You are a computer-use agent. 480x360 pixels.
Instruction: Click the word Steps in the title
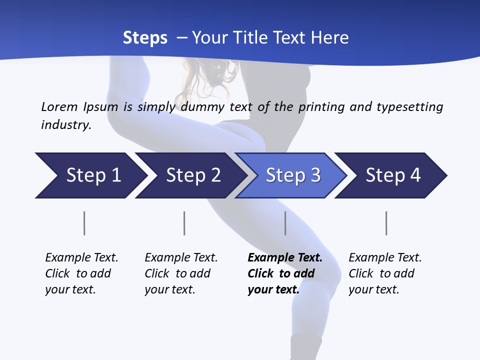tap(145, 38)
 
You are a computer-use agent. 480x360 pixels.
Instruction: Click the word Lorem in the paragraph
tap(59, 106)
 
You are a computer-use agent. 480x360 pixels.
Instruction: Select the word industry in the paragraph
tap(66, 124)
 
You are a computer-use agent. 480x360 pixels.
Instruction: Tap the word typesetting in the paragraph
tap(409, 106)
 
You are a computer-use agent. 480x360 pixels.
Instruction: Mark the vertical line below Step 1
tap(84, 223)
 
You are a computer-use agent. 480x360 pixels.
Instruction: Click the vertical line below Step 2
tap(184, 223)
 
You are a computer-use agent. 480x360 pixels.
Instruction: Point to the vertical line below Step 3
tap(285, 223)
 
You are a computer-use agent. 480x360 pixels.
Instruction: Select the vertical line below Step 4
tap(386, 223)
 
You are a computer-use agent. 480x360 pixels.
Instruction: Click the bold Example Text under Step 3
tap(285, 258)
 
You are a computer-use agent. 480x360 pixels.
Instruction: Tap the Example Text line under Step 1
tap(81, 258)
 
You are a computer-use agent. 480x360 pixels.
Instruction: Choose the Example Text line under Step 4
tap(385, 258)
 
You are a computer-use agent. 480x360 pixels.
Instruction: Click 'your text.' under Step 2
tap(169, 289)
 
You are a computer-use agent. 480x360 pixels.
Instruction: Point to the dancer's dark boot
tap(305, 347)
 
